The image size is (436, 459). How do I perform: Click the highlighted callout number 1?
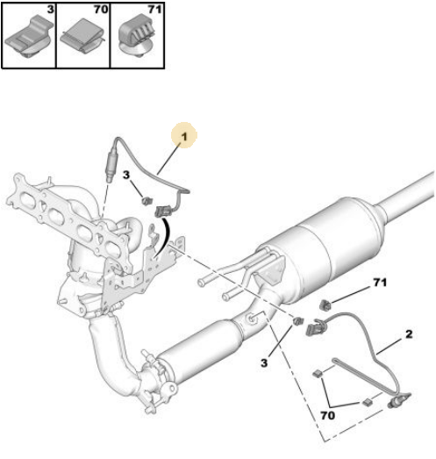pos(184,136)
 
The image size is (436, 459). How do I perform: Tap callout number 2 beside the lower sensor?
pos(409,334)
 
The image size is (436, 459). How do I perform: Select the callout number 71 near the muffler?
pos(380,283)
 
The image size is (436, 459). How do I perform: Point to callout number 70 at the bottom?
pos(327,415)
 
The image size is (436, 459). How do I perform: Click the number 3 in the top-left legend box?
pos(51,10)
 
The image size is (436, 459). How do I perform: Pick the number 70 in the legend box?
pos(101,10)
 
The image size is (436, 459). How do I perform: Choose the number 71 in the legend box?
pos(154,10)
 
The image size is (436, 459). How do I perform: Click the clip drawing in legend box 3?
pos(29,38)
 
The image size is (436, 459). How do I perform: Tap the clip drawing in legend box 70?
pos(82,36)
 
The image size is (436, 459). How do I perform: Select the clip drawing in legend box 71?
pos(137,37)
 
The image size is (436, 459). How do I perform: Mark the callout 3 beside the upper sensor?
pos(125,175)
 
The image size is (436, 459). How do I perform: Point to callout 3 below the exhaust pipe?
pos(264,363)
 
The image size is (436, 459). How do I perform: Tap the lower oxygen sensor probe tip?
pos(391,405)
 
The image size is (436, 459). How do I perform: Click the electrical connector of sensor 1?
pos(161,212)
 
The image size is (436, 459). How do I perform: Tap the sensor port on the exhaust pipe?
pos(252,318)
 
